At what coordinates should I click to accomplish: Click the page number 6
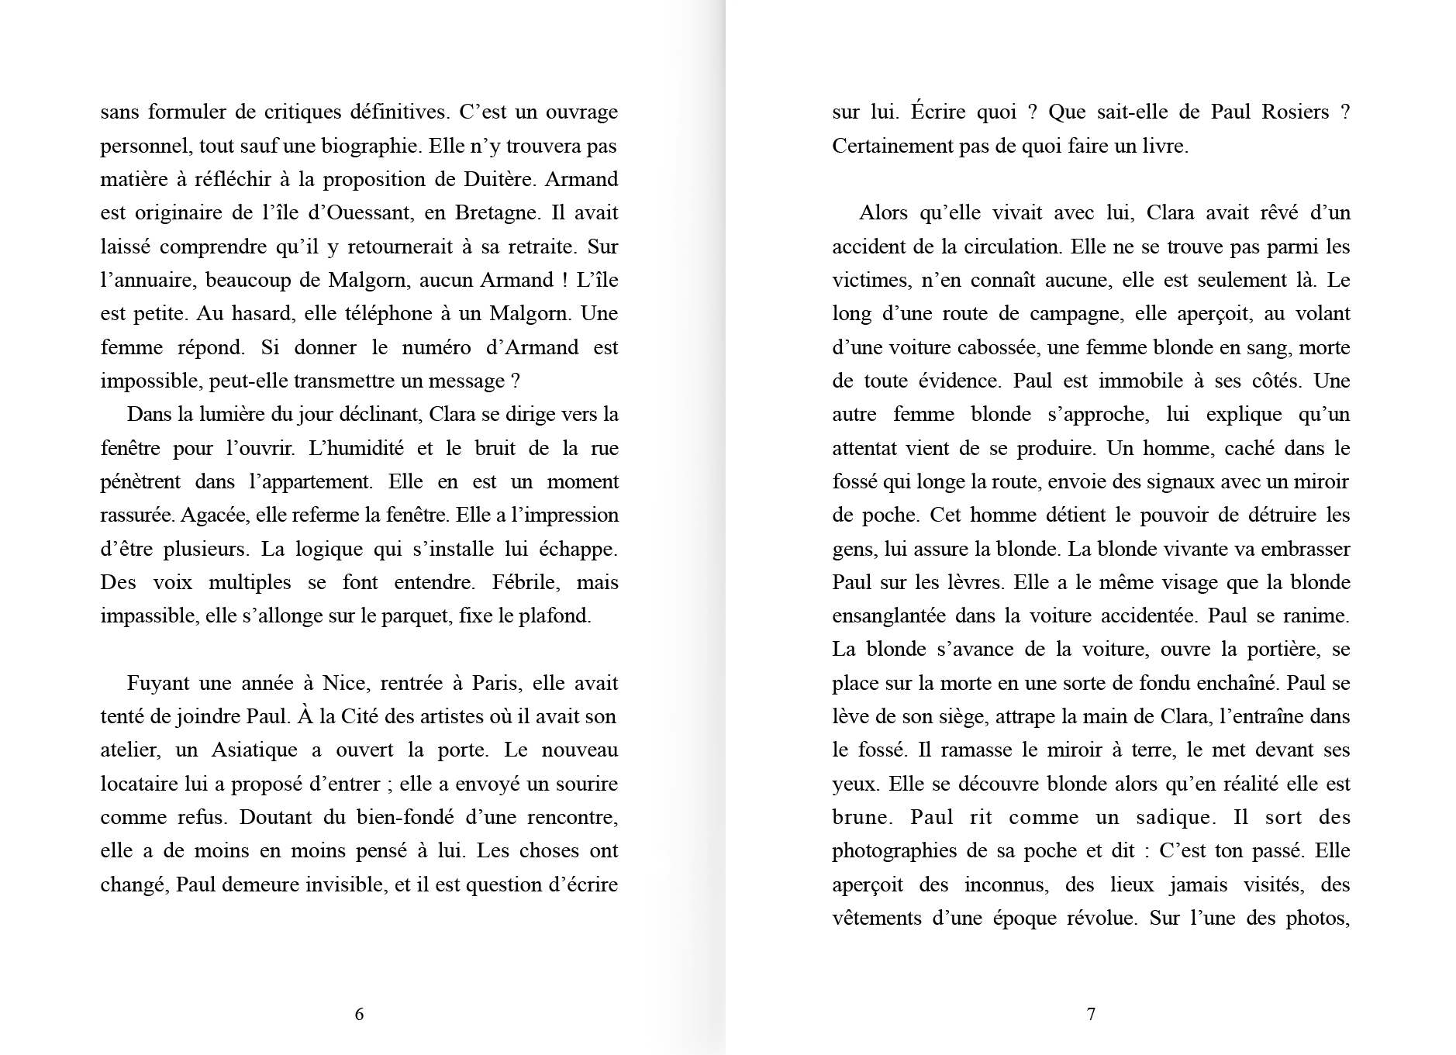click(359, 1014)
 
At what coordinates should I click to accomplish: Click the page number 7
click(1091, 1014)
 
